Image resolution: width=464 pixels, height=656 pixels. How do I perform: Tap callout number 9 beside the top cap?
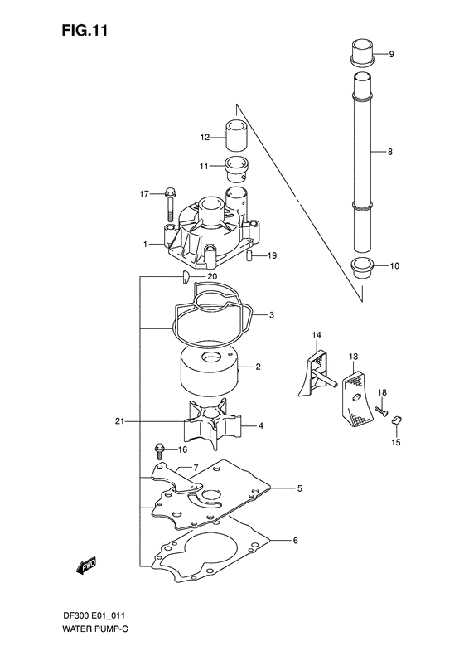click(x=392, y=55)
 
